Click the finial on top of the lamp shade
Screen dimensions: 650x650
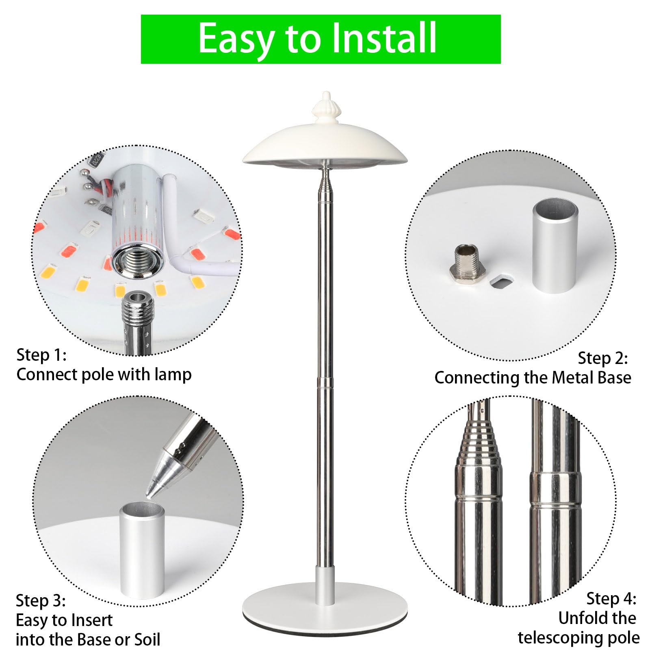point(326,104)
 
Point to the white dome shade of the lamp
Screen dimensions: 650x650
point(325,142)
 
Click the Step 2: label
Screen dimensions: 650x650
point(603,358)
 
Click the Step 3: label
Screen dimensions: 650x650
point(41,600)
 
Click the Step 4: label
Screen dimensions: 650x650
point(611,599)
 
